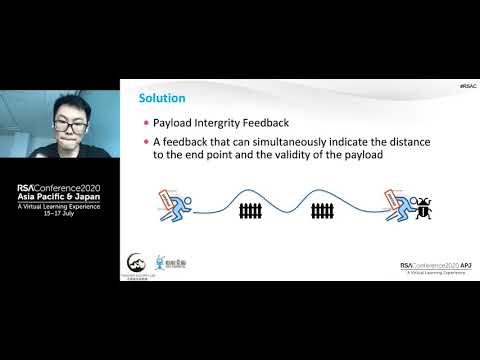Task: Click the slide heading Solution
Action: [x=160, y=98]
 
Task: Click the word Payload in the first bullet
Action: [x=175, y=123]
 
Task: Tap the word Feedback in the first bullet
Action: [x=291, y=123]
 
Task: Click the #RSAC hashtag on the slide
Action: [x=465, y=86]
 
